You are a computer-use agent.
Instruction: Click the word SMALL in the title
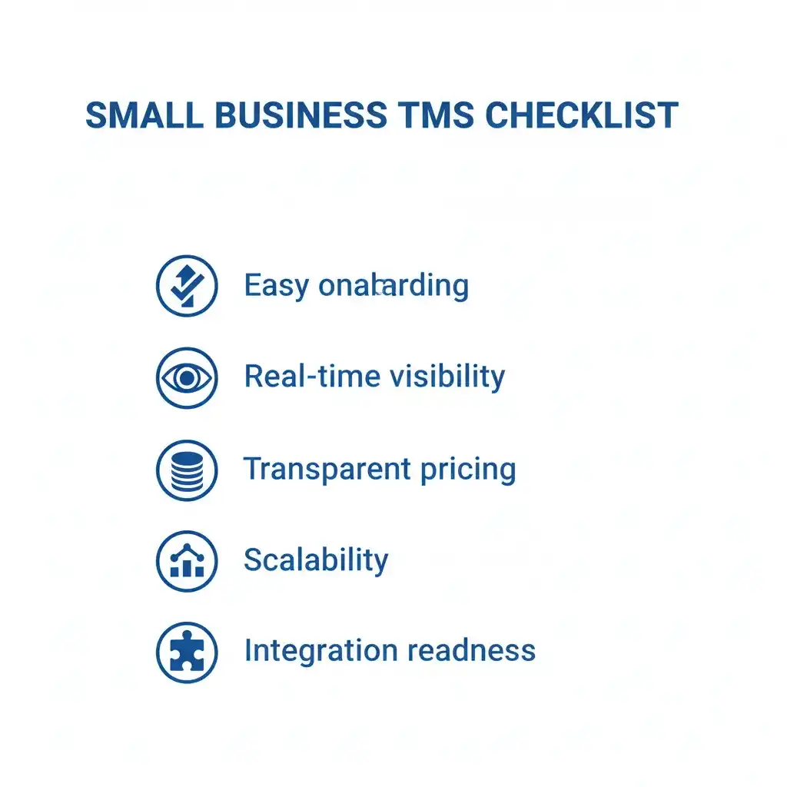(144, 115)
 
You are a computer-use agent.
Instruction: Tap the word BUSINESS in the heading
(301, 115)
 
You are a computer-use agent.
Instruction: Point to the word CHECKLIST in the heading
(582, 115)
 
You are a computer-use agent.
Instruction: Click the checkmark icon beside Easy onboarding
(187, 286)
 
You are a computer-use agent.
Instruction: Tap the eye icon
(187, 377)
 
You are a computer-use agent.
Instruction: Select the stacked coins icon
(187, 470)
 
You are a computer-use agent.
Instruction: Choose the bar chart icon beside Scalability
(187, 560)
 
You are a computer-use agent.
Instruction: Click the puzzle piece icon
(187, 653)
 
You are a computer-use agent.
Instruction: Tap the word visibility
(447, 377)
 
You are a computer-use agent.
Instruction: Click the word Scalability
(316, 560)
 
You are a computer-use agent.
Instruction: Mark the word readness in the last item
(471, 651)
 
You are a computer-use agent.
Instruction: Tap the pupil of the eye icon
(187, 377)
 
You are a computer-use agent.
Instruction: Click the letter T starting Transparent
(251, 468)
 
